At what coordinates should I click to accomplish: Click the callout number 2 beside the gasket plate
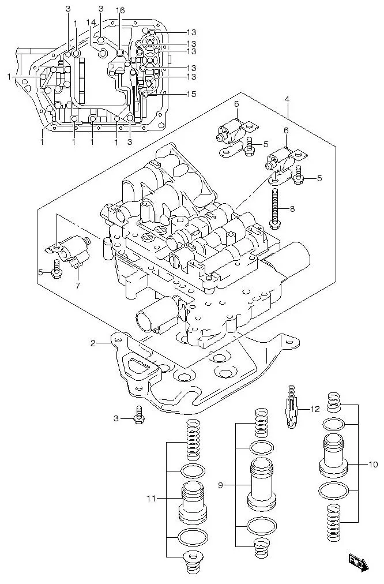(92, 345)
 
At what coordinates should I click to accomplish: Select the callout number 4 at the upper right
(287, 99)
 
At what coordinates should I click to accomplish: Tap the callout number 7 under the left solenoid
(78, 285)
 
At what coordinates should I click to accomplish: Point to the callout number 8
(292, 208)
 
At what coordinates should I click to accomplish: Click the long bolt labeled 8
(275, 207)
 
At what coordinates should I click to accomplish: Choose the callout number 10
(373, 464)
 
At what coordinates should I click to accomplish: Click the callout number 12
(314, 409)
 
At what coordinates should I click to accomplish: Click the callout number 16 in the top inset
(120, 11)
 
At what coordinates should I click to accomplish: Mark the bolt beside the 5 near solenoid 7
(57, 268)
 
